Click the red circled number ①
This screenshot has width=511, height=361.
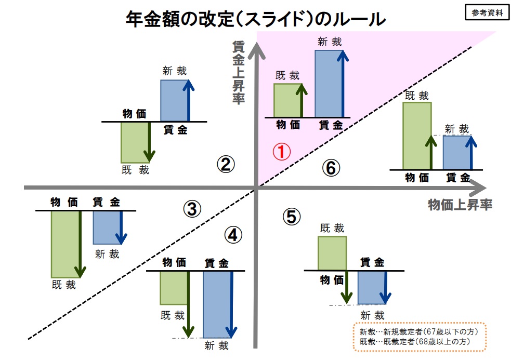[x=282, y=152]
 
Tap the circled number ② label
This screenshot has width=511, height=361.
[x=226, y=164]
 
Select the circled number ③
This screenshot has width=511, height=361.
[x=192, y=209]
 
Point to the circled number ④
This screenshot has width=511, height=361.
[x=233, y=235]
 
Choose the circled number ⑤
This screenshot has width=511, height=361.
[x=291, y=217]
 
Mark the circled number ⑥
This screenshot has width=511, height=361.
[x=331, y=168]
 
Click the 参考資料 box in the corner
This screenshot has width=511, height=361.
[x=487, y=12]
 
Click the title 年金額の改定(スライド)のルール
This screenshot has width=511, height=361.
[x=256, y=19]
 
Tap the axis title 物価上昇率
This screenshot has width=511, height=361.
[x=460, y=205]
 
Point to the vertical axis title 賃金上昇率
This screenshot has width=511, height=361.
[x=239, y=72]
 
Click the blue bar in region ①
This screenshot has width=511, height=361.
[x=329, y=84]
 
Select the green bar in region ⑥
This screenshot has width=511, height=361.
[x=417, y=136]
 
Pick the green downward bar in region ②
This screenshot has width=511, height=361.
[x=135, y=142]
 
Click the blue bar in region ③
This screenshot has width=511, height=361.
[x=108, y=228]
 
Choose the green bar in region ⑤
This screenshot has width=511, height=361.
[x=332, y=253]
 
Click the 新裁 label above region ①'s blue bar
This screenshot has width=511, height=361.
[x=330, y=42]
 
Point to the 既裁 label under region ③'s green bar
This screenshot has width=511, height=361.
[x=64, y=285]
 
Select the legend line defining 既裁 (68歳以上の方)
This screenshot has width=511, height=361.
[x=415, y=341]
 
